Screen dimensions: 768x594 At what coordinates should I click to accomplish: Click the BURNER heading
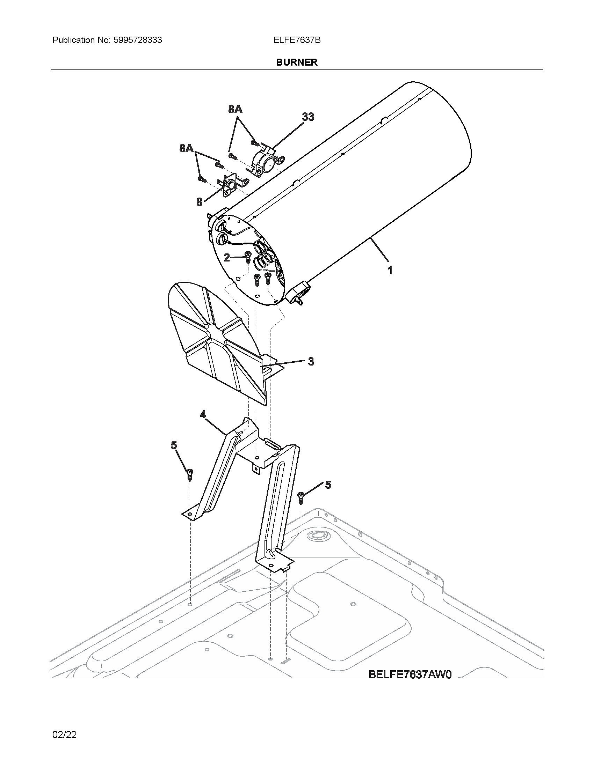[x=297, y=62]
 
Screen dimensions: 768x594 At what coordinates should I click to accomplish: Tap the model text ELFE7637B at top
[x=297, y=40]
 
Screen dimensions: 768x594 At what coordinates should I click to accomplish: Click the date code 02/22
[x=64, y=734]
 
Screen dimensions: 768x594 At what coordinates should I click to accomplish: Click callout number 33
[x=308, y=117]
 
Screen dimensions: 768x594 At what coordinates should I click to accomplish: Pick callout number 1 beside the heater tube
[x=390, y=270]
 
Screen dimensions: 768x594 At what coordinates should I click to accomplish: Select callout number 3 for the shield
[x=311, y=361]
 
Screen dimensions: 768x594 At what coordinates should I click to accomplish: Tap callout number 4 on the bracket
[x=203, y=415]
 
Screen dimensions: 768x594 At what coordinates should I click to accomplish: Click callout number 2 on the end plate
[x=227, y=258]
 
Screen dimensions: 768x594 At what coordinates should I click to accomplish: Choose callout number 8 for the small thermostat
[x=200, y=202]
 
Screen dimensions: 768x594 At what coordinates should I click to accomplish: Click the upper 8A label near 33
[x=235, y=109]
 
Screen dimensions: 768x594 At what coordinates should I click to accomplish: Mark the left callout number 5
[x=174, y=445]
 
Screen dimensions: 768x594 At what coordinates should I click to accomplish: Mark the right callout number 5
[x=328, y=485]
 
